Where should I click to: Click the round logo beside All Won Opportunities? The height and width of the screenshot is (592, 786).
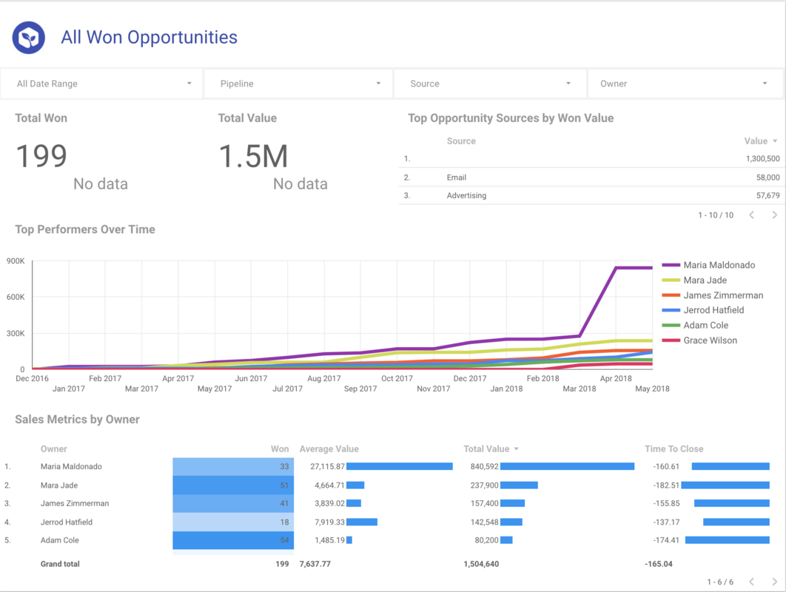pyautogui.click(x=29, y=38)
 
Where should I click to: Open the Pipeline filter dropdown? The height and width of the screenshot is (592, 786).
pyautogui.click(x=298, y=84)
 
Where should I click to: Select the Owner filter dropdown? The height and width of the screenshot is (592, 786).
pyautogui.click(x=685, y=84)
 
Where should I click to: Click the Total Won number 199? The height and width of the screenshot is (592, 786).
pyautogui.click(x=41, y=156)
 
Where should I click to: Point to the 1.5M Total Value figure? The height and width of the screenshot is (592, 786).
pyautogui.click(x=253, y=156)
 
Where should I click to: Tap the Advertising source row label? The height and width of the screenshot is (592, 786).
pyautogui.click(x=466, y=196)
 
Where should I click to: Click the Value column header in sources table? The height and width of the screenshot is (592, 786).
pyautogui.click(x=756, y=141)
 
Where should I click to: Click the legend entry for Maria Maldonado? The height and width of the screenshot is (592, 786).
pyautogui.click(x=719, y=265)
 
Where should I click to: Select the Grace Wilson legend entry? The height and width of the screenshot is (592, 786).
pyautogui.click(x=710, y=340)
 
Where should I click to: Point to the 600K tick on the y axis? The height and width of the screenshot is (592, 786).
pyautogui.click(x=16, y=297)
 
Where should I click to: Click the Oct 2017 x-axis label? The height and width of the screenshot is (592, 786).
pyautogui.click(x=397, y=379)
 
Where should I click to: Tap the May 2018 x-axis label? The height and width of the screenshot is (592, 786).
pyautogui.click(x=652, y=388)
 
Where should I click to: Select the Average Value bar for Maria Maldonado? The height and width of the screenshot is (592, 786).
pyautogui.click(x=399, y=467)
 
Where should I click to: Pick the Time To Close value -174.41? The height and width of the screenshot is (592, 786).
pyautogui.click(x=666, y=540)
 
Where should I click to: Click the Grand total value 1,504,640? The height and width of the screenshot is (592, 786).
pyautogui.click(x=481, y=564)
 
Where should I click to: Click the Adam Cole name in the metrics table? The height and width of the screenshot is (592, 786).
pyautogui.click(x=60, y=540)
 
